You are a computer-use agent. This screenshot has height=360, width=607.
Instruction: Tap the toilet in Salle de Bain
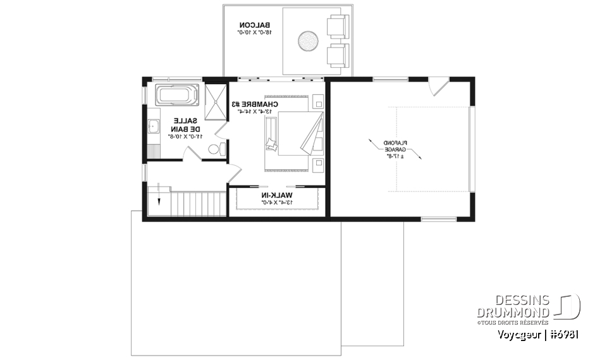coord(215,149)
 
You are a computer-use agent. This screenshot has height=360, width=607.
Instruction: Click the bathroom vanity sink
coord(152,127)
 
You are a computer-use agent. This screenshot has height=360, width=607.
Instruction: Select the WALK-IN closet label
coord(277,196)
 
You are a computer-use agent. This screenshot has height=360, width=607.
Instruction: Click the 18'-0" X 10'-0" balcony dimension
coord(256,31)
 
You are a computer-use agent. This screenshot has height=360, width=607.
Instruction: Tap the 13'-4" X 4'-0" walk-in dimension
coord(277,203)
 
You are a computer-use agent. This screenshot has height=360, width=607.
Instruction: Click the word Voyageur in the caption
coord(520,334)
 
